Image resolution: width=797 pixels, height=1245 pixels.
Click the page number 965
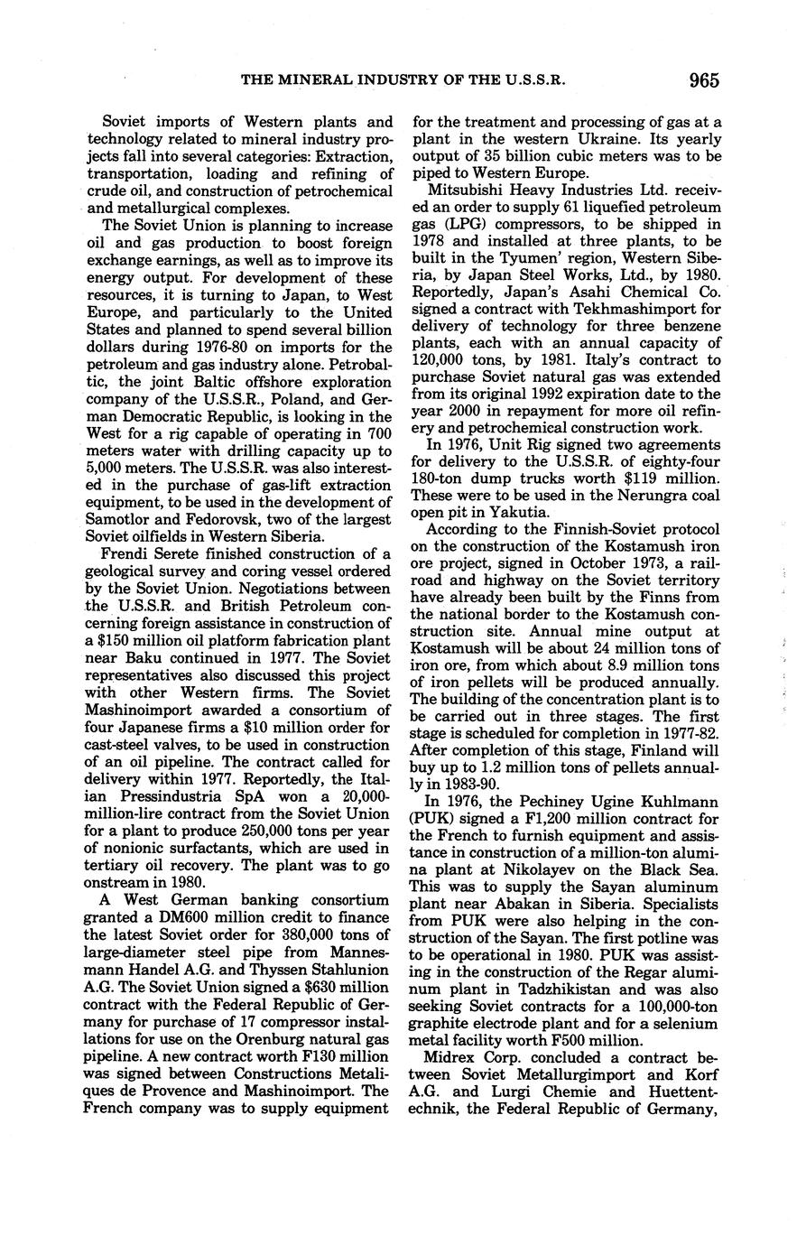click(x=702, y=80)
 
